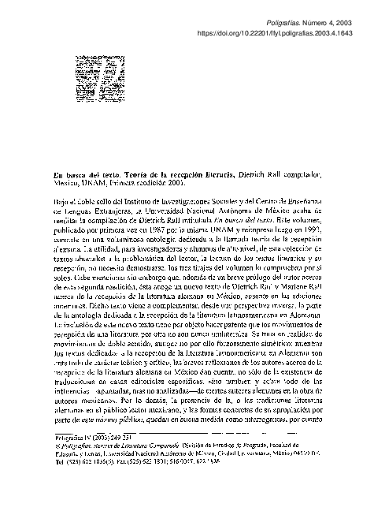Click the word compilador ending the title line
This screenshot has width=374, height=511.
319,171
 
